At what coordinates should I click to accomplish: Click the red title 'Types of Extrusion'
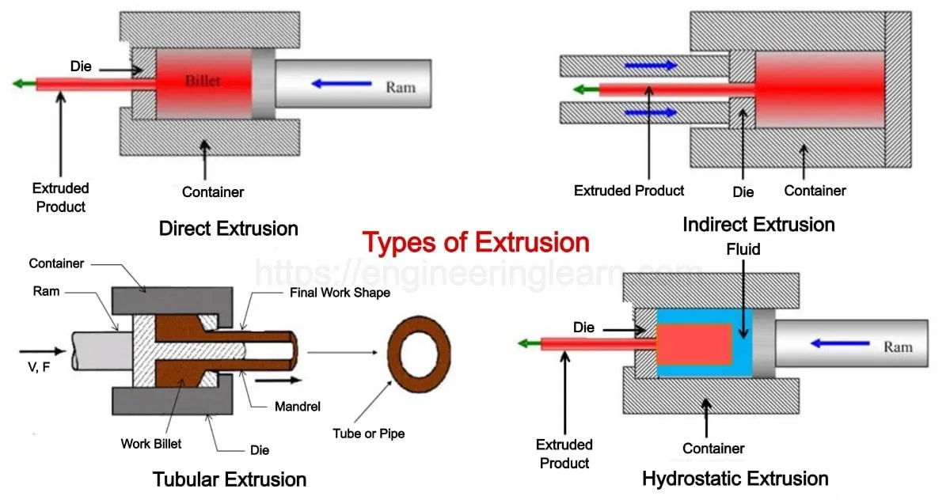pos(476,242)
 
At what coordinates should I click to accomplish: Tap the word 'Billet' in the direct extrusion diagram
pos(203,81)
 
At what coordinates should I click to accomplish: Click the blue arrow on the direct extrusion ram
pos(341,81)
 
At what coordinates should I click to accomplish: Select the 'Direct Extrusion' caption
pos(229,229)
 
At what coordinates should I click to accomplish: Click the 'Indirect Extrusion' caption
pos(758,225)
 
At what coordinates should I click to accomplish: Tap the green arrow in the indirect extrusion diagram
pos(586,89)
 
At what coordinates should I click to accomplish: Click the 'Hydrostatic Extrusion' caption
pos(735,479)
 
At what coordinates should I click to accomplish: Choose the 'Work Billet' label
pos(151,444)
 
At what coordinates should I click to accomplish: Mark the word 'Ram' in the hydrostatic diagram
pos(898,347)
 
